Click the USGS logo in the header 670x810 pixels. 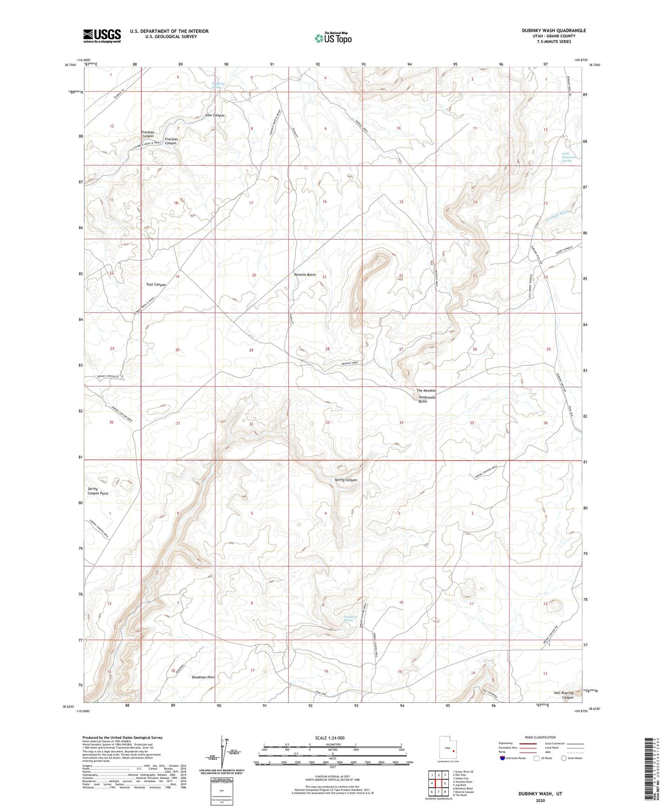[x=102, y=35]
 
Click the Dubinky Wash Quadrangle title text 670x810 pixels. [x=547, y=31]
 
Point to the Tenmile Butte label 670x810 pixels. [x=305, y=275]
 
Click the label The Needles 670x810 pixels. [x=426, y=391]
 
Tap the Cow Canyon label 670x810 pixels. [x=215, y=115]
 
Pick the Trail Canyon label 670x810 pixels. [x=156, y=284]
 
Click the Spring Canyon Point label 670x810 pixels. [x=97, y=491]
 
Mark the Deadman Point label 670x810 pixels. [x=204, y=677]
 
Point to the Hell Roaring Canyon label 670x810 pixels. [x=564, y=695]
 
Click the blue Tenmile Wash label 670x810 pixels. [x=558, y=216]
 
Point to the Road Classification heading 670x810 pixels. [x=540, y=737]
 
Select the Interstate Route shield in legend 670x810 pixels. [x=503, y=758]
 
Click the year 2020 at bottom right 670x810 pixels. [x=540, y=801]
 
